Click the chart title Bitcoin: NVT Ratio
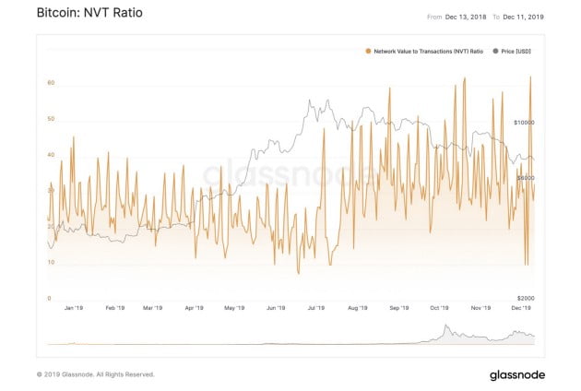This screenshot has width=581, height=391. point(76,16)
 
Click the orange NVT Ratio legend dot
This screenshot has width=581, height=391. point(368,52)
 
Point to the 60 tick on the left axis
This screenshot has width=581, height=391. point(52,83)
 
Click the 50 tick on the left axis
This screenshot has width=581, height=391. point(52,119)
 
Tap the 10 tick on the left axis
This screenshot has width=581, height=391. point(52,263)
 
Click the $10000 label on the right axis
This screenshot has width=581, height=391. point(525,123)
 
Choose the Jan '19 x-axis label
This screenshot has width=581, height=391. point(73,310)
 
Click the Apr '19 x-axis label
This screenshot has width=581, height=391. point(194,310)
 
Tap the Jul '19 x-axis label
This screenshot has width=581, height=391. point(315,310)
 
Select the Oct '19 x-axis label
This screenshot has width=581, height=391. point(439,310)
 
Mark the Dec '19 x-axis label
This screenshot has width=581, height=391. point(520,310)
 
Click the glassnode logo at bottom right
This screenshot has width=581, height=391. point(517,374)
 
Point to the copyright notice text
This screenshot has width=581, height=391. point(95,375)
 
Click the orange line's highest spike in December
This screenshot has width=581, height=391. point(530,77)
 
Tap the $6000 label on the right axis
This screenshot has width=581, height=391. point(527,178)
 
